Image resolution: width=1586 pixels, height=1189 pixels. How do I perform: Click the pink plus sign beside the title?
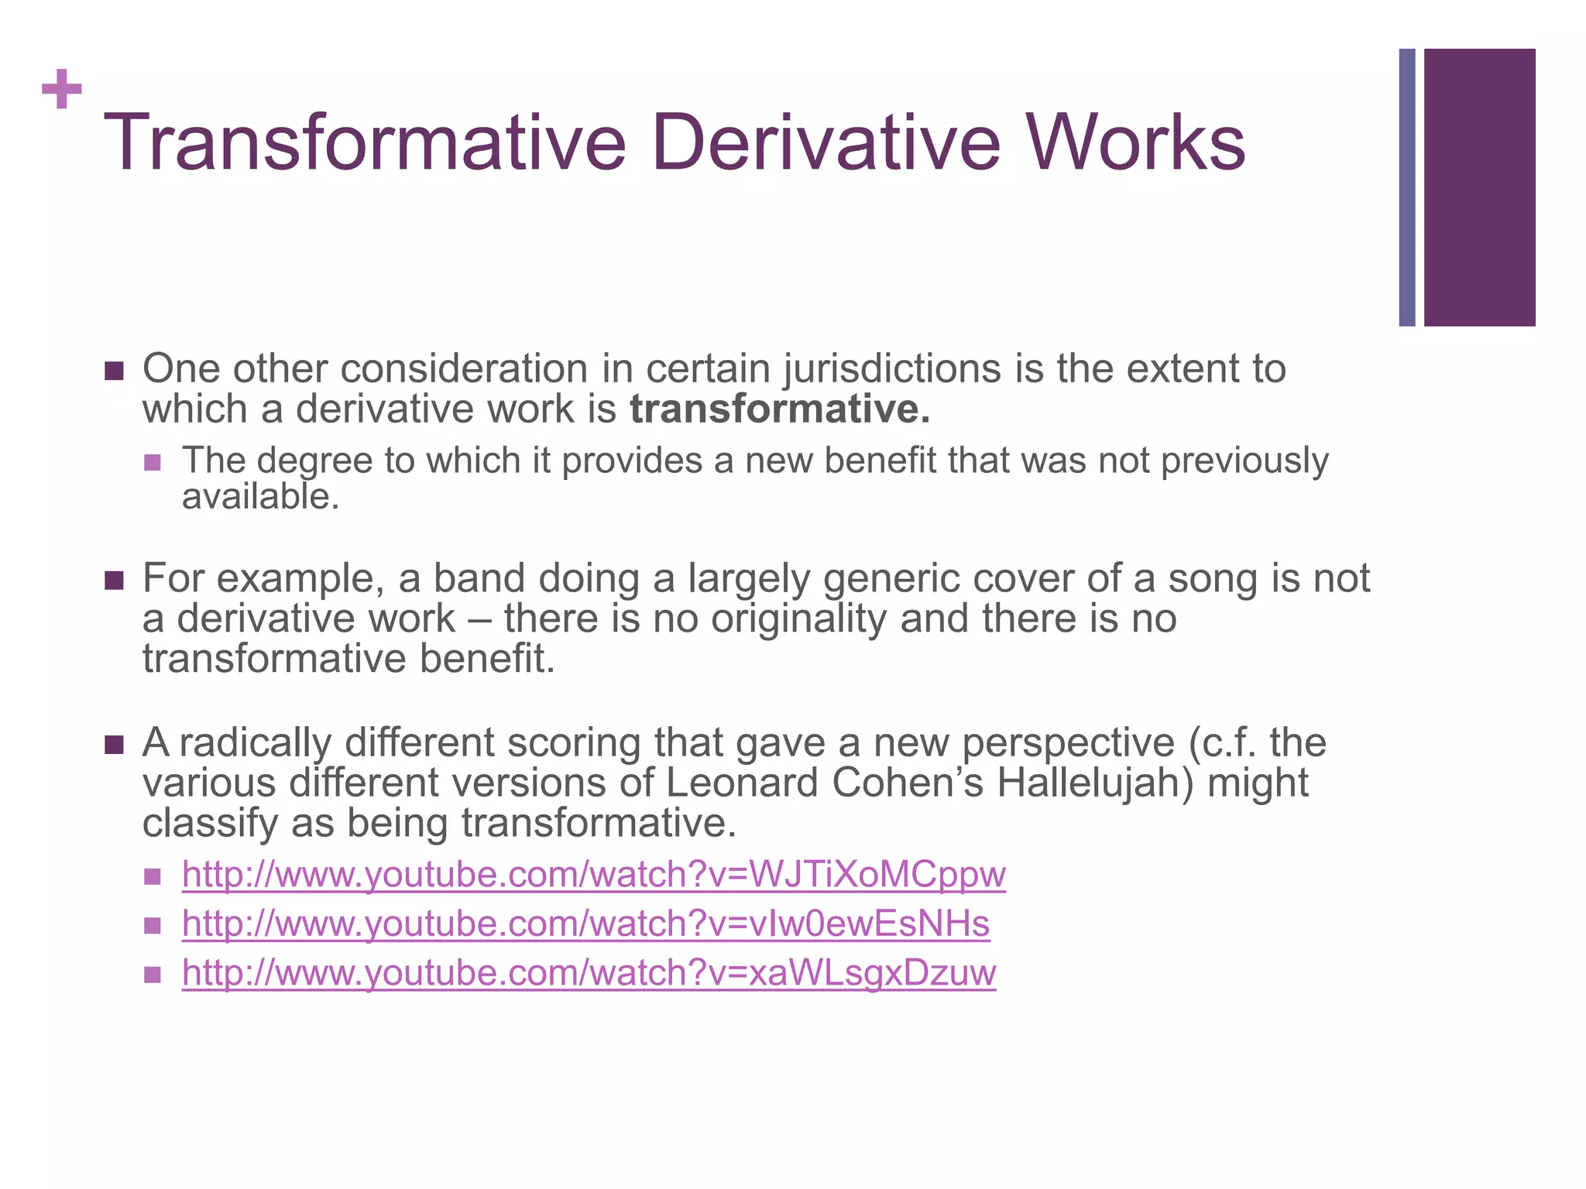tap(62, 89)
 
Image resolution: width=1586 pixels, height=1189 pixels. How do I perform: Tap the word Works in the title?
tap(1136, 143)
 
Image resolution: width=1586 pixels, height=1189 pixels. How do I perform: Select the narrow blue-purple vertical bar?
tap(1407, 187)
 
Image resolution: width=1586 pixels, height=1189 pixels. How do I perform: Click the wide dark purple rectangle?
tap(1479, 187)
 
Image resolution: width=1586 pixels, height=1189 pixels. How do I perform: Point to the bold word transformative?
tap(779, 409)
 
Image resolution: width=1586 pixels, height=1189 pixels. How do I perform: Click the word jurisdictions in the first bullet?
tap(893, 369)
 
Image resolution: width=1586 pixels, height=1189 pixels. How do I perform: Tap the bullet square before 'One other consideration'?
tap(114, 371)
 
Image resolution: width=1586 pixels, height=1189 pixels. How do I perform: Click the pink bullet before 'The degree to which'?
tap(153, 462)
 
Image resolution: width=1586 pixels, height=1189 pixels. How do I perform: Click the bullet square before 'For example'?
tap(114, 581)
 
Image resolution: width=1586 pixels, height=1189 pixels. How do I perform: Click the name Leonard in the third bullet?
tap(741, 783)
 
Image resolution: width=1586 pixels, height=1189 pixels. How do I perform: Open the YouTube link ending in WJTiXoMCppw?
tap(593, 875)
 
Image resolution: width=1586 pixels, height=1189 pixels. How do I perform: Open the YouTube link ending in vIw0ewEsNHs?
tap(585, 924)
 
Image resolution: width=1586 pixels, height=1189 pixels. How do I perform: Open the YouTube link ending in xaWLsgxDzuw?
tap(589, 973)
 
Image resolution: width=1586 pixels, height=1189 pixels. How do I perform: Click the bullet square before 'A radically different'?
tap(114, 745)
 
